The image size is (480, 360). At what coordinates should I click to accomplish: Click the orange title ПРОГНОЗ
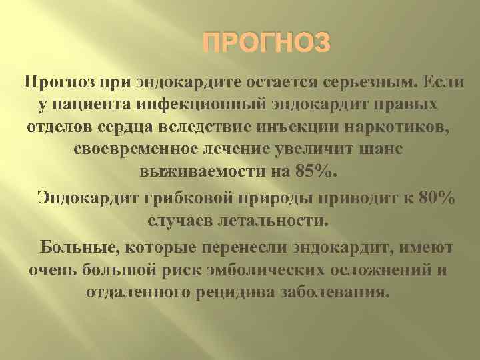266,45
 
